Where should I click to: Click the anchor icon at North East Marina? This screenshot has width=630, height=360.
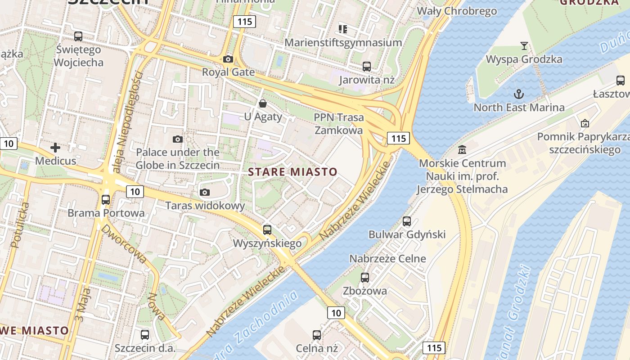519,94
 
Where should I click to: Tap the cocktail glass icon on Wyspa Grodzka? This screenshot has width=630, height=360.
524,45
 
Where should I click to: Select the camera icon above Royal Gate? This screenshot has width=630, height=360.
228,59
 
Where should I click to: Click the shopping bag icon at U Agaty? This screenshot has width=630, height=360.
263,103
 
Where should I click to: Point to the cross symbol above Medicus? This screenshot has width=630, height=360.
55,147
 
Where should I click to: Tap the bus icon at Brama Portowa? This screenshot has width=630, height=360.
106,199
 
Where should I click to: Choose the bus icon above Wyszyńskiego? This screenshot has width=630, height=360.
267,230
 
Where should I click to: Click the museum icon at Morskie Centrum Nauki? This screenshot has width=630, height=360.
462,149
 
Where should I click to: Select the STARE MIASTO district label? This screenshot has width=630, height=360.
292,172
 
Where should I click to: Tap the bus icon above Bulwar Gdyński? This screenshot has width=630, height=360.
407,221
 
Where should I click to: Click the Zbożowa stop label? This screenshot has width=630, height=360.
364,291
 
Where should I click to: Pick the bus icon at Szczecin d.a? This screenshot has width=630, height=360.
144,335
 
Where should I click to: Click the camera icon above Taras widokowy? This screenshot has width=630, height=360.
205,193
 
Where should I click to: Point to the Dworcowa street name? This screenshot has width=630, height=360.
124,243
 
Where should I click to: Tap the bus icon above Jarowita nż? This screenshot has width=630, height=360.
367,67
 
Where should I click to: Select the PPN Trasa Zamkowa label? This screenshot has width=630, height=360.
338,124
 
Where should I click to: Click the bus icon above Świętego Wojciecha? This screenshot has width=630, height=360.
78,36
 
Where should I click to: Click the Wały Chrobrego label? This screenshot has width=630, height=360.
457,11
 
